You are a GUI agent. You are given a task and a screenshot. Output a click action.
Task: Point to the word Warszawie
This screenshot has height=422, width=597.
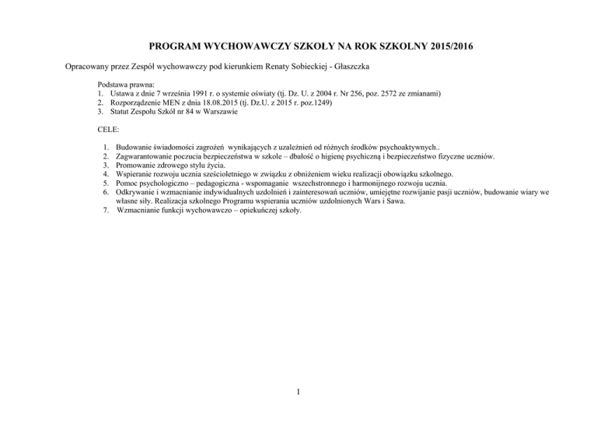tap(218, 112)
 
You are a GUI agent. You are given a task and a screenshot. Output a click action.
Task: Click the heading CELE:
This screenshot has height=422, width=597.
tap(110, 131)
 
